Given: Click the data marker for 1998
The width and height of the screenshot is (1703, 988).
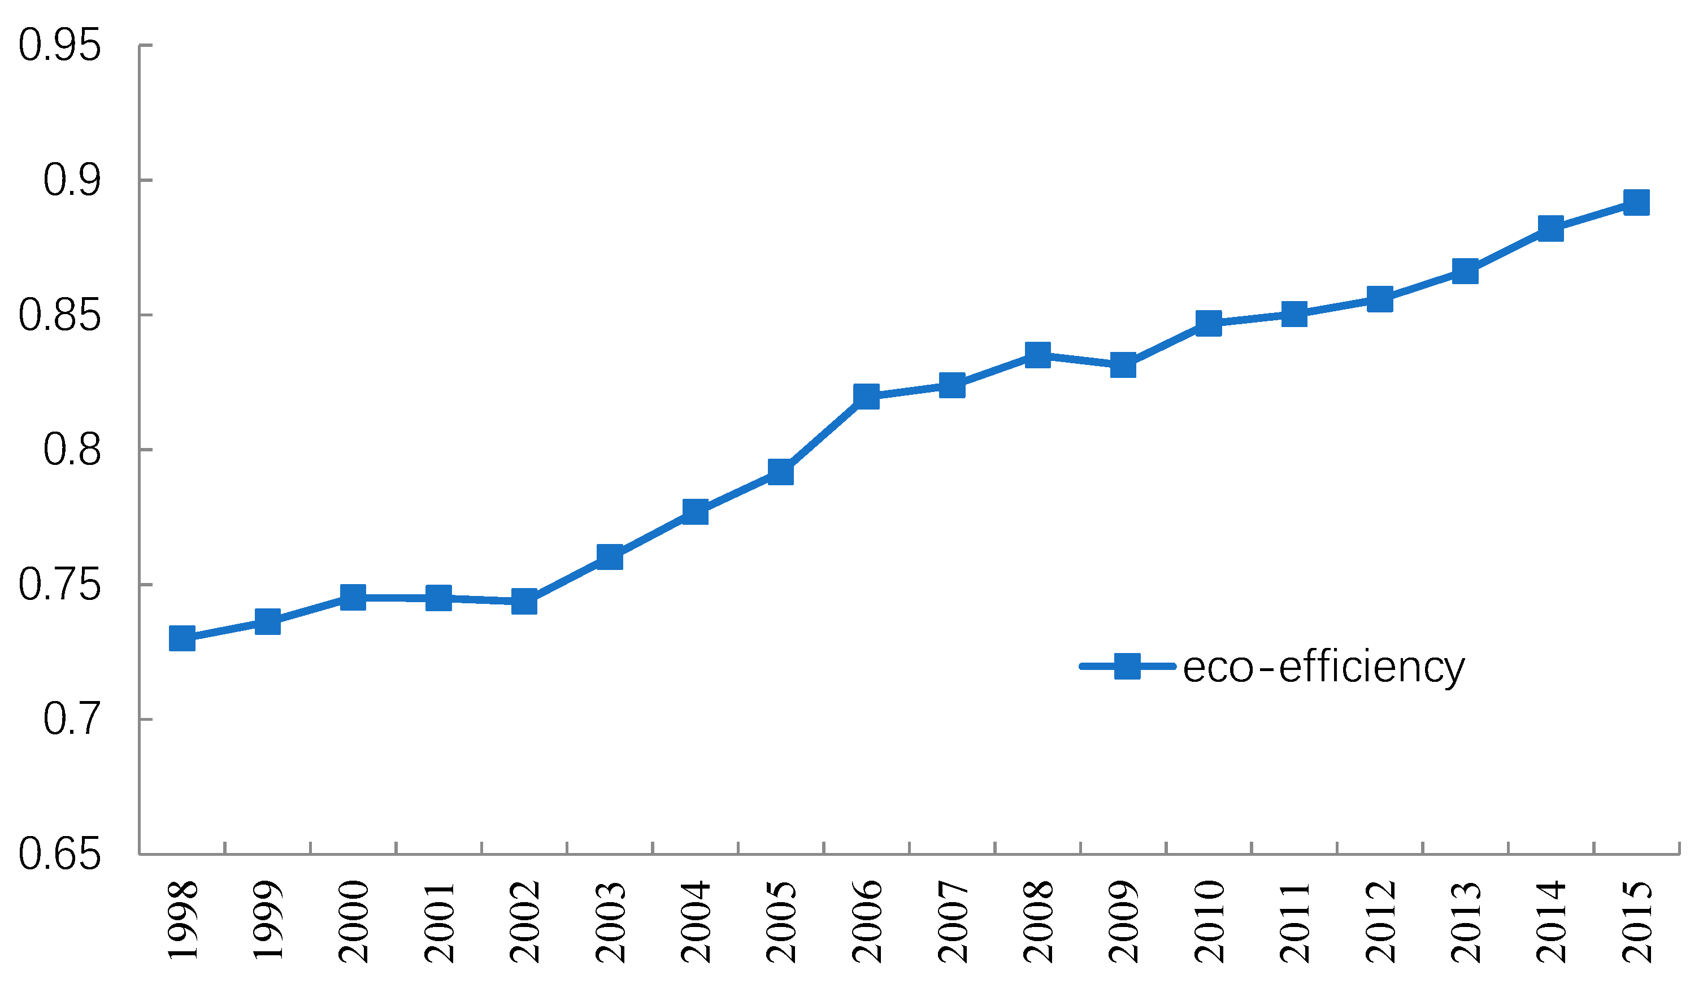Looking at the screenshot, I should coord(182,637).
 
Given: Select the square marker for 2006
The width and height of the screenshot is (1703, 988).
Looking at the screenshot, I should coord(866,396).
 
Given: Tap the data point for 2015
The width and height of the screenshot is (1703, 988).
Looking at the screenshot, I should coord(1636,202).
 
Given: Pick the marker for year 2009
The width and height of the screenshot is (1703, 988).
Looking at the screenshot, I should coord(1123,365).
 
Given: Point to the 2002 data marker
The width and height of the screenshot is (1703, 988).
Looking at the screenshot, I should coord(524,601).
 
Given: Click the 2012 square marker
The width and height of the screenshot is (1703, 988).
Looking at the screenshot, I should coord(1380,299).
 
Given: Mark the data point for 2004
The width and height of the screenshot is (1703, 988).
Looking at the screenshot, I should coord(696,512).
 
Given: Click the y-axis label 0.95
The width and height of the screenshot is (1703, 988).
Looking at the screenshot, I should coord(59,46).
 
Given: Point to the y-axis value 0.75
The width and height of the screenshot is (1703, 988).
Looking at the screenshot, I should coord(59,585).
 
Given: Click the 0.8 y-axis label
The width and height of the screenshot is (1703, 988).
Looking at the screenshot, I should coord(72,450).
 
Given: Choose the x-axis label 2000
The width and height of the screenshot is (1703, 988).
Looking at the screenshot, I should coord(354,922).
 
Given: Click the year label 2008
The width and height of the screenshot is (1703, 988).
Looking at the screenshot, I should coord(1039,922).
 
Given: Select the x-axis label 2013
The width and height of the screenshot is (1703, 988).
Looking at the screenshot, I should coord(1466,922).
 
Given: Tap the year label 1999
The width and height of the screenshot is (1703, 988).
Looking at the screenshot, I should coord(268,922).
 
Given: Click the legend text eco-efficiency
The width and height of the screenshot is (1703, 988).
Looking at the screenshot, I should coord(1323,667).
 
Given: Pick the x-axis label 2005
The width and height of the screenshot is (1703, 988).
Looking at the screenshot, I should coord(782,922).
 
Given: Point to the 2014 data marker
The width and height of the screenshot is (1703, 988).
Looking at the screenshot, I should coord(1550,228).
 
